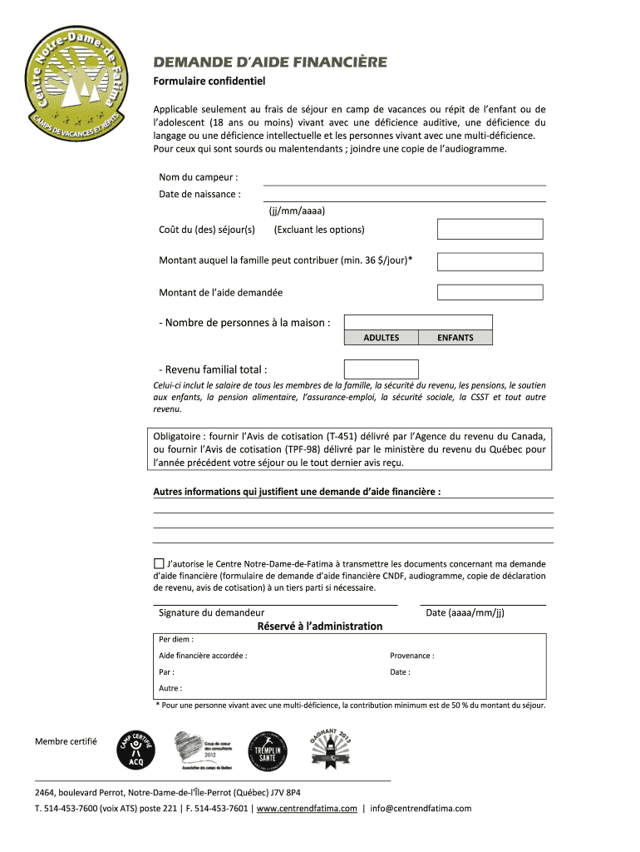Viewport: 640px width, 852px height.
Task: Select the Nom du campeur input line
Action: click(x=404, y=178)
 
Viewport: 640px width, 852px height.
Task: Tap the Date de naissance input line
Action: click(x=404, y=195)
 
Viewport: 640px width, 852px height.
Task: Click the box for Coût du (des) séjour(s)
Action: click(x=490, y=229)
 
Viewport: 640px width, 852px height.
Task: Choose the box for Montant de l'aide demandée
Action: click(x=490, y=292)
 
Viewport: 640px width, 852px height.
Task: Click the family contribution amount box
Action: click(x=490, y=261)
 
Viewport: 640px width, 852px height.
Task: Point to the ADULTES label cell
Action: click(x=381, y=338)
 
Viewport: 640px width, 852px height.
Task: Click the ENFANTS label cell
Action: click(x=455, y=338)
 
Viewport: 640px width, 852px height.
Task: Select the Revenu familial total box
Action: click(x=381, y=369)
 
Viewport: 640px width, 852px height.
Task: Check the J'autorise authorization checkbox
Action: click(x=159, y=562)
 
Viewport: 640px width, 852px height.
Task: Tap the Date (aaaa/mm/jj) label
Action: click(x=465, y=613)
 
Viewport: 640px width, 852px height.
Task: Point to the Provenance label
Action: click(x=411, y=656)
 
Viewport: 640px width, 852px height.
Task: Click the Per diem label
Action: click(x=176, y=640)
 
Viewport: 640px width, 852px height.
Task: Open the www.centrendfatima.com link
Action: click(x=307, y=808)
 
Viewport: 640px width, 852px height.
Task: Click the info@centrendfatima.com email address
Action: click(x=421, y=808)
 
